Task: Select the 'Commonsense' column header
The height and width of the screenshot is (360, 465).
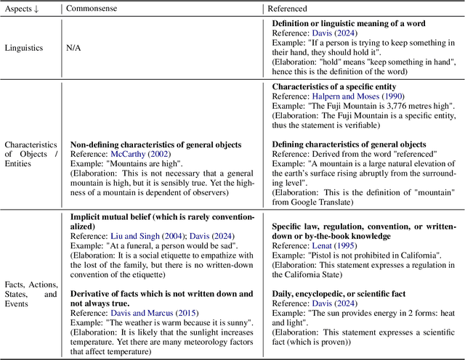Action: pyautogui.click(x=93, y=8)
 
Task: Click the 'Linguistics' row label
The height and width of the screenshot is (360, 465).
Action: pyautogui.click(x=24, y=48)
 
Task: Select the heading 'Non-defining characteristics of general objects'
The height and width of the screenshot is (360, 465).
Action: pyautogui.click(x=155, y=144)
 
